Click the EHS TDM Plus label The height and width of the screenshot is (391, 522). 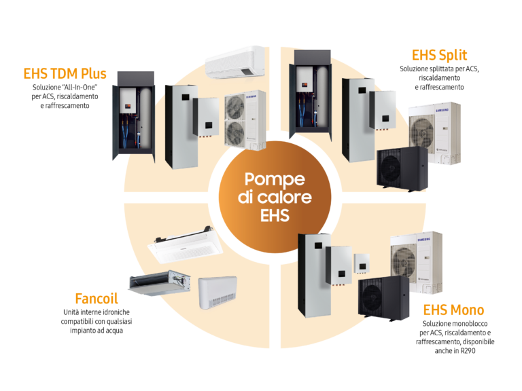[x=65, y=74]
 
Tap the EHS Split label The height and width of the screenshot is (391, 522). [x=439, y=56]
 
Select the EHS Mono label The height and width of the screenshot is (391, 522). [x=453, y=310]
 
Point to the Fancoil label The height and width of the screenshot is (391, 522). [x=97, y=298]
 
